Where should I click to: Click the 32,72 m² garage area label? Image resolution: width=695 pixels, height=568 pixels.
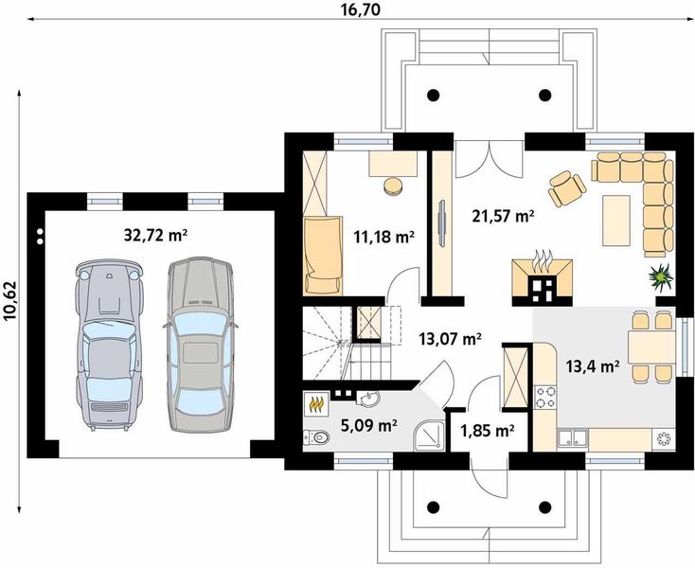pos(155,236)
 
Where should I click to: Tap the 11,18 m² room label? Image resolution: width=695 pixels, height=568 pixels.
pos(383,237)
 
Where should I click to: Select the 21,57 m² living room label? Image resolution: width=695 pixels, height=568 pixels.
pos(502,216)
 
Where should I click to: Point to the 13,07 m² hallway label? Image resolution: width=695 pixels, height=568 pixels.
pos(451,340)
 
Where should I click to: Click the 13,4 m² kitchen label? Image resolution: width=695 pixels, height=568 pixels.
pos(593,366)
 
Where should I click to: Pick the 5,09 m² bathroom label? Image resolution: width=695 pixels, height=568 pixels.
pos(368,426)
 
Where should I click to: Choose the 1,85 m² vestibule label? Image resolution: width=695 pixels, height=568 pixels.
pos(487,430)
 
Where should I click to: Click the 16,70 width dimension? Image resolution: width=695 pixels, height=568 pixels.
pos(361,9)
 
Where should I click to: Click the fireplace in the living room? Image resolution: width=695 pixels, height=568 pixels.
pos(543,282)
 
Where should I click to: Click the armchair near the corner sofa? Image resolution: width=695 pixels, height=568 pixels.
pos(567,187)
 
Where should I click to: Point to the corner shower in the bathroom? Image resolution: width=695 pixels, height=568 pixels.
pos(428,435)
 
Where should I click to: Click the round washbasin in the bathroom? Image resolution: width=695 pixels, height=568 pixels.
pos(368,399)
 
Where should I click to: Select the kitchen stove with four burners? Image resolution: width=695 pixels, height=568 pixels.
pos(545,397)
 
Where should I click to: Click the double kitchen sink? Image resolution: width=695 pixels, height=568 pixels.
pos(573,437)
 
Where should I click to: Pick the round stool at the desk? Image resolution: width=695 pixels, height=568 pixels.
pos(393,186)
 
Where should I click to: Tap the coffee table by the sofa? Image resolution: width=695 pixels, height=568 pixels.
pos(616,221)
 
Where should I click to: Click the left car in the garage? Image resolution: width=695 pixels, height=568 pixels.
pos(110,346)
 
